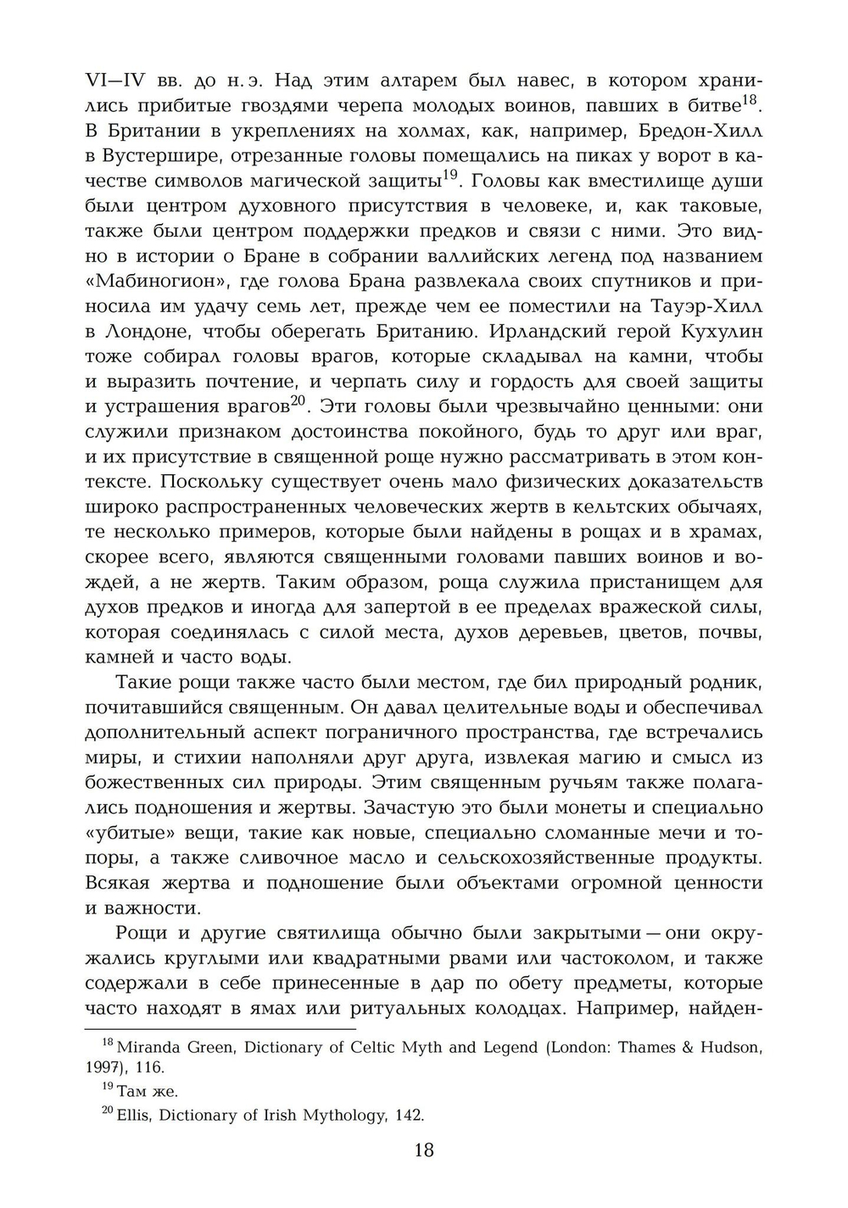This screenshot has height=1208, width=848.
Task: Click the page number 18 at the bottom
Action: click(x=424, y=1150)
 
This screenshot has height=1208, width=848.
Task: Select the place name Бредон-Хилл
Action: click(x=709, y=131)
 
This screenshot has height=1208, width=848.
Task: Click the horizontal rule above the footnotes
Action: click(x=220, y=1029)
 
